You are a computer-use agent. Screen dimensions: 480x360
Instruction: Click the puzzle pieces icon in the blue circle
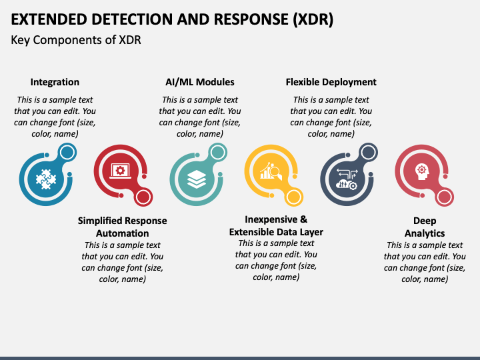[x=46, y=179]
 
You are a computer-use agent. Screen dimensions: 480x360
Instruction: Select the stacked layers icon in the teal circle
[x=196, y=179]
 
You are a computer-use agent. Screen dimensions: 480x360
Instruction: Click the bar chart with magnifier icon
[x=271, y=171]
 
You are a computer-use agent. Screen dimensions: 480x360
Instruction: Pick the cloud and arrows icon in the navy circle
[x=347, y=179]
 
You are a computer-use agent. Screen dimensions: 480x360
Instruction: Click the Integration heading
[x=55, y=82]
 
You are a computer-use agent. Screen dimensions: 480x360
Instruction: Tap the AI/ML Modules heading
[x=200, y=82]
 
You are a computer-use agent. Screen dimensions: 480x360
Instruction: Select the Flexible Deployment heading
[x=331, y=82]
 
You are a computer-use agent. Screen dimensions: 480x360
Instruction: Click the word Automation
[x=123, y=233]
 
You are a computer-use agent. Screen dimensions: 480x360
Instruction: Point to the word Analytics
[x=425, y=233]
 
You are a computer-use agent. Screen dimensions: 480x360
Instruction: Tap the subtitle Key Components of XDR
[x=76, y=40]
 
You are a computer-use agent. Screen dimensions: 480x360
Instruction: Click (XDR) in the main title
[x=313, y=19]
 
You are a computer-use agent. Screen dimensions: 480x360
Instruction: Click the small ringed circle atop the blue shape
[x=67, y=152]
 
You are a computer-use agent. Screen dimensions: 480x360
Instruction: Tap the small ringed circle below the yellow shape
[x=293, y=197]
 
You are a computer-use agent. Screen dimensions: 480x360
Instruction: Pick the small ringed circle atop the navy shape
[x=368, y=152]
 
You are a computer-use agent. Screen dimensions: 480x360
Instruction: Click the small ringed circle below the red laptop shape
[x=143, y=197]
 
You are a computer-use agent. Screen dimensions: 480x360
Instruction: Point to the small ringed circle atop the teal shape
[x=217, y=152]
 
